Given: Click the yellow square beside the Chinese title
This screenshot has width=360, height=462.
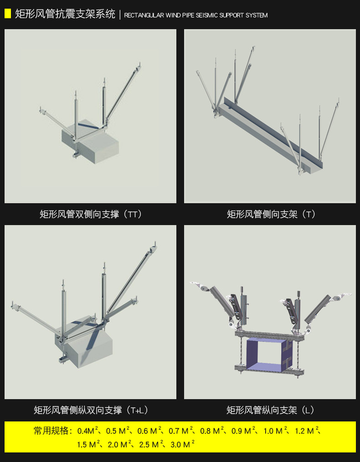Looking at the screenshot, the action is (8, 14).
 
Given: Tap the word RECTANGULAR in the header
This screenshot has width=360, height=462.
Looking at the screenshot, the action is (144, 15).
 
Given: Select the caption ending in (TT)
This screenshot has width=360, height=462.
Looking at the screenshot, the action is (91, 214).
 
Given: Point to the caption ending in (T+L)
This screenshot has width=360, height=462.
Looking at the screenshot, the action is (91, 410).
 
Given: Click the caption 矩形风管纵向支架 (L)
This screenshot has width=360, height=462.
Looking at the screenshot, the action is (270, 410).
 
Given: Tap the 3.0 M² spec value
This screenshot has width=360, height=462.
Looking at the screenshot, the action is (182, 444).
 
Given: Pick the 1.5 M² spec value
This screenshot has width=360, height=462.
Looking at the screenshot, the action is (89, 444).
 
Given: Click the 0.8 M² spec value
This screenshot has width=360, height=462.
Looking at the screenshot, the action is (212, 431).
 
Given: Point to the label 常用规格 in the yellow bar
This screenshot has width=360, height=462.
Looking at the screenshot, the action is (51, 431).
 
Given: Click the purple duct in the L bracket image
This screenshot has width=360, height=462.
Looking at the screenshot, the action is (266, 355).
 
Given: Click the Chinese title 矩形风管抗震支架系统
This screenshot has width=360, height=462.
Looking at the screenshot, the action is (65, 14).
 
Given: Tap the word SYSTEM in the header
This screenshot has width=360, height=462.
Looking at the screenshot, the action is (257, 15).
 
